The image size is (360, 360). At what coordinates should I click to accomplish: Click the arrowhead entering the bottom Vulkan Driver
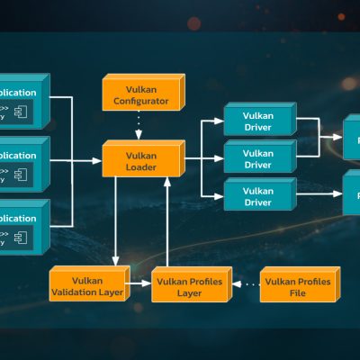[x=218, y=194]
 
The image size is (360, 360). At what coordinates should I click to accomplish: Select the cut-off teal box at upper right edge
[x=352, y=139]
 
